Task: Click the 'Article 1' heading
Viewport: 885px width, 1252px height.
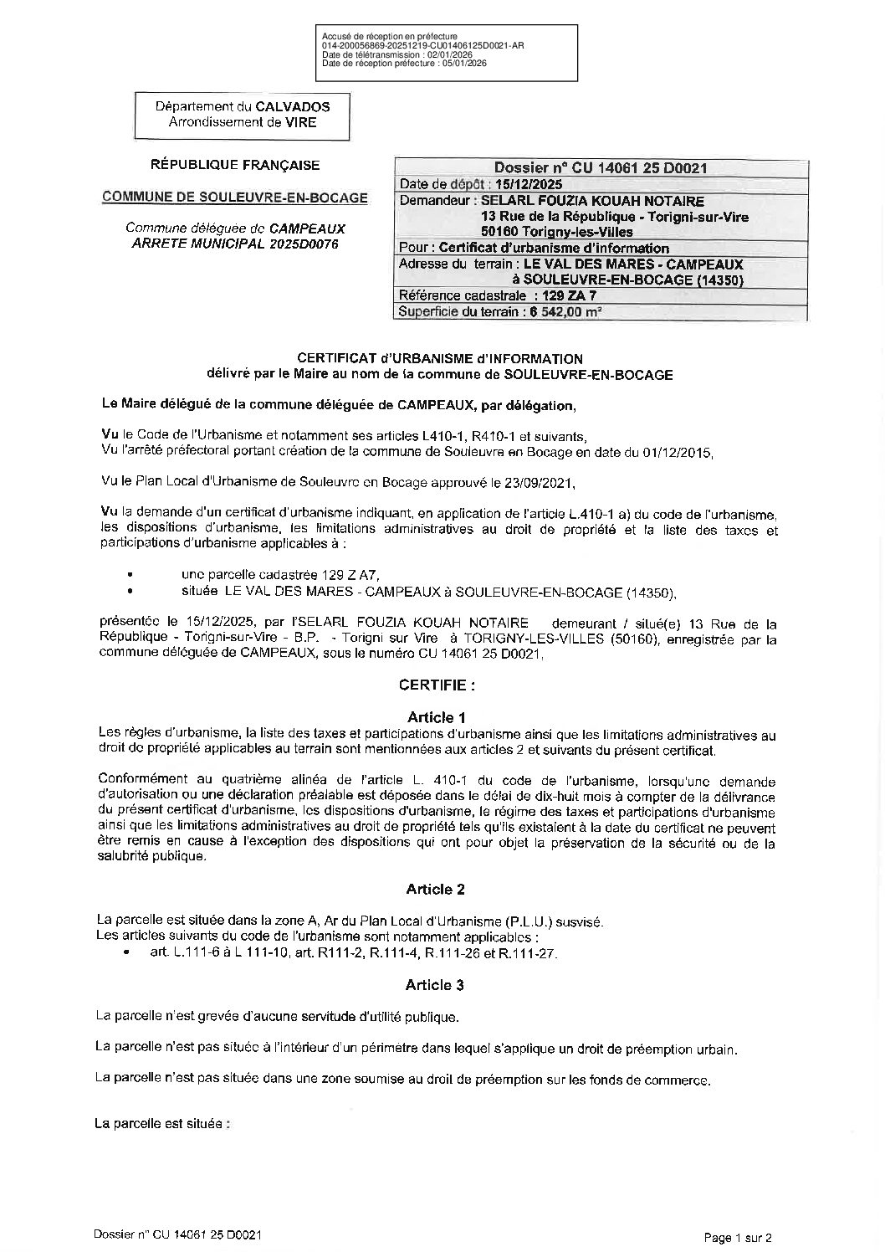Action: (436, 717)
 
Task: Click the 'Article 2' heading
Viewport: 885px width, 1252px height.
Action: (436, 889)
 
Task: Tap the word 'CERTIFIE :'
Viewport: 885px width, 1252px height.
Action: (437, 685)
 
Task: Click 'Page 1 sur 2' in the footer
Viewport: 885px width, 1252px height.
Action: (737, 1237)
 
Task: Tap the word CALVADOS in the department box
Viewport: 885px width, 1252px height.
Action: (292, 107)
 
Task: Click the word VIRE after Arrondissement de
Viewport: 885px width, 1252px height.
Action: (300, 122)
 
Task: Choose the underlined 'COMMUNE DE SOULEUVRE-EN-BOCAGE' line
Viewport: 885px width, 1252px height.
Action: (234, 198)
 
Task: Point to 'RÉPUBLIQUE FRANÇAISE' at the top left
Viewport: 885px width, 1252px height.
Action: (234, 166)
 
